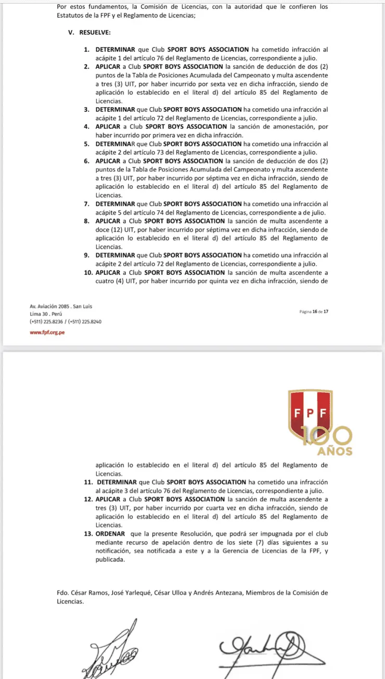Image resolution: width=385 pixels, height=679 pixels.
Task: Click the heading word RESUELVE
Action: [x=96, y=32]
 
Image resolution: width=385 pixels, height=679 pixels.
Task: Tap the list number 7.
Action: [x=86, y=204]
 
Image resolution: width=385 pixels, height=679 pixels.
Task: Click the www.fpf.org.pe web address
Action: [x=47, y=332]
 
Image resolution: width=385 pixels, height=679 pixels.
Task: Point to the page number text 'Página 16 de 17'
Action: [x=314, y=311]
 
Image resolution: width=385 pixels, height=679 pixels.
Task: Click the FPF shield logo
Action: [x=311, y=414]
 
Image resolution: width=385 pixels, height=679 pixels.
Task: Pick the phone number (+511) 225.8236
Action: [x=47, y=322]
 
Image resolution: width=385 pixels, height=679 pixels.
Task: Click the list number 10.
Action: [x=88, y=273]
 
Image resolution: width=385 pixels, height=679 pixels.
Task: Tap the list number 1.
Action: [x=86, y=49]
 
